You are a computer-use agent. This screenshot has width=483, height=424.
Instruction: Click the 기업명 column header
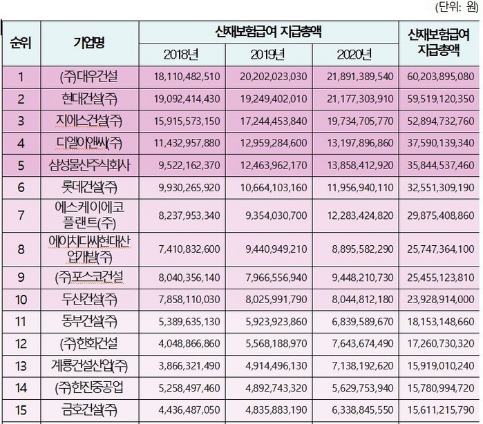click(90, 41)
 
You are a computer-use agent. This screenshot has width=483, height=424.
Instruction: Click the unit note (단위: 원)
click(455, 8)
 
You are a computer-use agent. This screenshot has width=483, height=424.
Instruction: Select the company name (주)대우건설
click(91, 76)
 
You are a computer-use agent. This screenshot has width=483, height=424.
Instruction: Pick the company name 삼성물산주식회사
click(91, 166)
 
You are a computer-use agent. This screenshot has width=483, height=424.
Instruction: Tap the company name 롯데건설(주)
click(91, 189)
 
